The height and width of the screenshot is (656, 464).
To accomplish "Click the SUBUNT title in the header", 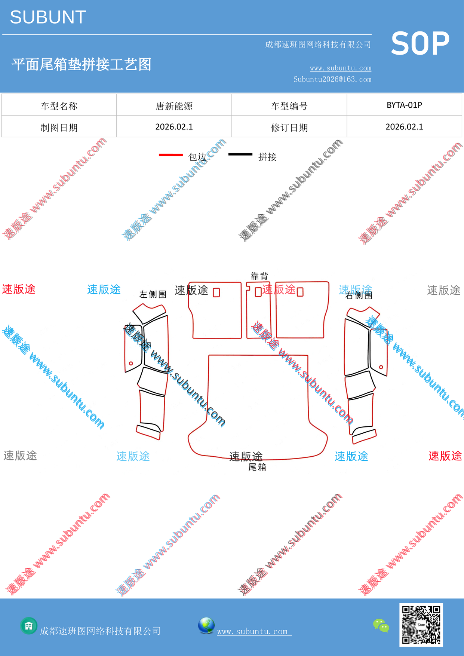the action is [48, 17].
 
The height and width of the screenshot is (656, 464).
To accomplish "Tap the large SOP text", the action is [420, 44].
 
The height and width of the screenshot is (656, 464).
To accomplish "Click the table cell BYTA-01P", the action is [404, 105].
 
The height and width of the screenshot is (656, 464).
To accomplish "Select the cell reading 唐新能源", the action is [174, 106].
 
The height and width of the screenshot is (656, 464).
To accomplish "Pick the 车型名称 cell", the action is [59, 106].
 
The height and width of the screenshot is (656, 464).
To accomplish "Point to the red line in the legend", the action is [171, 155].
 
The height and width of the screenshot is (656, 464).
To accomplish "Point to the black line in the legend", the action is [240, 154].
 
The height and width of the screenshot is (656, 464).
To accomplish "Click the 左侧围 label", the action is [153, 294].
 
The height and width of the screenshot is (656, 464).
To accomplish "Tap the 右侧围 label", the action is [359, 295].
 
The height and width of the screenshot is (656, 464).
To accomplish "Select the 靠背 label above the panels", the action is [259, 276].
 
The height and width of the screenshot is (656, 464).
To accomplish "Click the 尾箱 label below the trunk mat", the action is [257, 467].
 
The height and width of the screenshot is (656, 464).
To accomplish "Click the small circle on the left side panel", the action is [131, 363].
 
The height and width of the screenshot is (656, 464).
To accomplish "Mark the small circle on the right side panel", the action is [381, 367].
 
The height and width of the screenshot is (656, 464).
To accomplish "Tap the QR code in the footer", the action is [421, 625].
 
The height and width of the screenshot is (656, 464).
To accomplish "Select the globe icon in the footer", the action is [206, 626].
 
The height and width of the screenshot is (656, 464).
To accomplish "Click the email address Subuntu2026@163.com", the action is [332, 79].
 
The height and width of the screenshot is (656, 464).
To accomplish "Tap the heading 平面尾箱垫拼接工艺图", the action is [82, 64].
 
